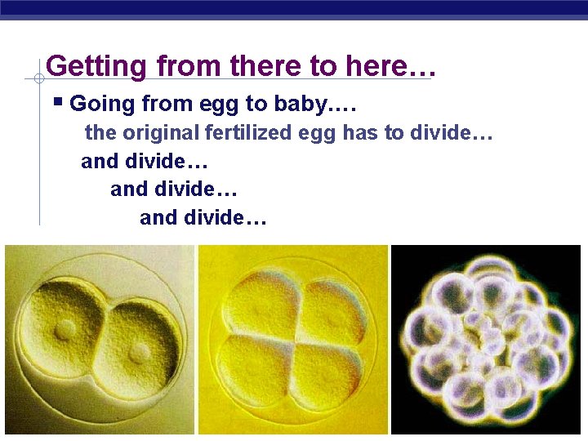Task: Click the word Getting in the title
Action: click(x=86, y=66)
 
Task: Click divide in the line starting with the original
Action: click(x=444, y=132)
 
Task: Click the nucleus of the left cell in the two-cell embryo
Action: click(x=65, y=329)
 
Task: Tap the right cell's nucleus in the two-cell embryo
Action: click(x=139, y=352)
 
